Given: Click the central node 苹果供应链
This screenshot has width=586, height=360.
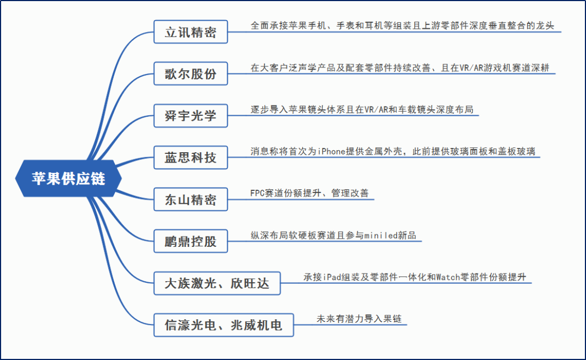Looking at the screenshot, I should [x=68, y=178].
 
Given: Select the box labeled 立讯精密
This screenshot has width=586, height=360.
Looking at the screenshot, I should [x=190, y=32].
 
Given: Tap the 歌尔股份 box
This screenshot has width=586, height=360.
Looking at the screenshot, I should [x=190, y=74].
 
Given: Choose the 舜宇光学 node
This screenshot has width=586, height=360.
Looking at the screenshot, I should [x=190, y=116].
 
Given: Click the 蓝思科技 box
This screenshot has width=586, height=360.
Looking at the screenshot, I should [x=190, y=158].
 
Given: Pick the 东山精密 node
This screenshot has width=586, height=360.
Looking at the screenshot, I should [x=190, y=200].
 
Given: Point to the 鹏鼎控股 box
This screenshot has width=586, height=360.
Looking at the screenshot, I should [x=190, y=241].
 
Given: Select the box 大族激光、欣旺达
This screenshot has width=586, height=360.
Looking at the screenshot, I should [x=217, y=283].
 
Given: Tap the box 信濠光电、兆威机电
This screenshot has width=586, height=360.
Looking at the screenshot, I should [x=223, y=325].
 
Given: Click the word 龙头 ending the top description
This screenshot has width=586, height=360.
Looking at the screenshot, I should [x=545, y=26].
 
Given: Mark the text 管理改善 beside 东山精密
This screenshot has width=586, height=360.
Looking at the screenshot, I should [x=350, y=194].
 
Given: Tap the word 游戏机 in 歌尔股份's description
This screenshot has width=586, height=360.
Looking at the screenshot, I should [x=496, y=68].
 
